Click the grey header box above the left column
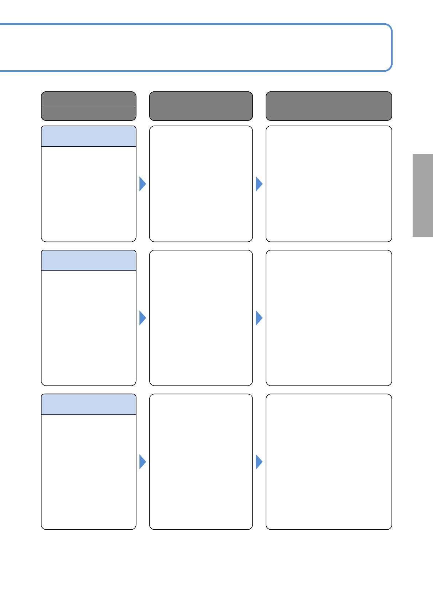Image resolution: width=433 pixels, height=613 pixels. [88, 106]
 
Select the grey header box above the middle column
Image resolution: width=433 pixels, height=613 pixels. [201, 106]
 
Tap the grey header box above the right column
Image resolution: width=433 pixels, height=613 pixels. [329, 106]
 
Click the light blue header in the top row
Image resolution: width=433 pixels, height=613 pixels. [88, 137]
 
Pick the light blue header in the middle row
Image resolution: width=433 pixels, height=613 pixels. [88, 261]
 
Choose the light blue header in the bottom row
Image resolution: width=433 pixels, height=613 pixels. [88, 404]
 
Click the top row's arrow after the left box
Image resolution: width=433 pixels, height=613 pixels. [142, 184]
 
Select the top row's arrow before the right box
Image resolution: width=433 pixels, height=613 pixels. [259, 184]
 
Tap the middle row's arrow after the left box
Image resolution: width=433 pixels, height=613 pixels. [142, 318]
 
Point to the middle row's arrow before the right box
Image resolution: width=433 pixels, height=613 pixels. [259, 318]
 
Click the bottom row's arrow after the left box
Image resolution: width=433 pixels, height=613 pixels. [142, 462]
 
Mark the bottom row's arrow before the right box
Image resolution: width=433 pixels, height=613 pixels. [259, 462]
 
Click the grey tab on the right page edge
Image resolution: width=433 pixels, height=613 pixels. [422, 195]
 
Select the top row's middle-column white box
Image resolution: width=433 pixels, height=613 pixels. [201, 184]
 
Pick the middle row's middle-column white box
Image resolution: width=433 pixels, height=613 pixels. [201, 318]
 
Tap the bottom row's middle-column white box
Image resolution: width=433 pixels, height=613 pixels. [201, 462]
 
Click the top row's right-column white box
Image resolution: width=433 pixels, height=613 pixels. [329, 184]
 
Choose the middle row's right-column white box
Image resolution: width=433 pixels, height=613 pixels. [329, 318]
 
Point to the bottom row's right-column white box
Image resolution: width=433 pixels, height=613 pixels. [329, 462]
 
